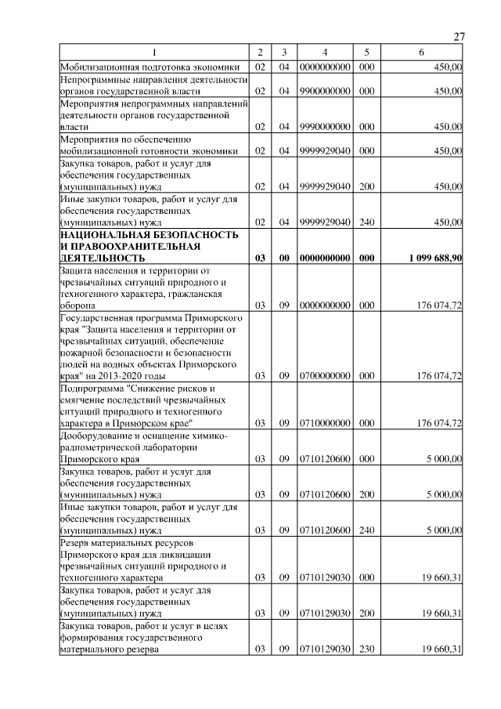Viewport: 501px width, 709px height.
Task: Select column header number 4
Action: point(324,52)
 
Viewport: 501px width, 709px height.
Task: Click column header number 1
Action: point(154,52)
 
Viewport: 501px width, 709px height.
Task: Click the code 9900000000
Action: point(324,92)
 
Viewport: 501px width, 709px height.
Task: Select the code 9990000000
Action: point(324,126)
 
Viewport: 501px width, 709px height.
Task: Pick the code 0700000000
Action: point(324,376)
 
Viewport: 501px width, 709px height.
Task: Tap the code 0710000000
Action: point(324,423)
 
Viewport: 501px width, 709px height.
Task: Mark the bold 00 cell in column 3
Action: point(285,258)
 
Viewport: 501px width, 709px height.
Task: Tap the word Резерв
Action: point(77,542)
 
